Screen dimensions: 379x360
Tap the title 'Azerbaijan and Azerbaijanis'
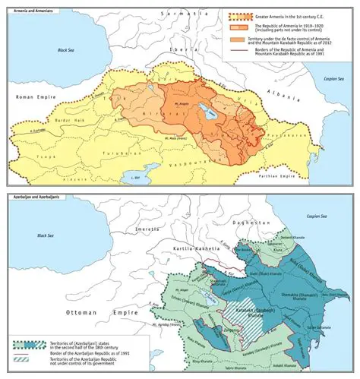[30, 197]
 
